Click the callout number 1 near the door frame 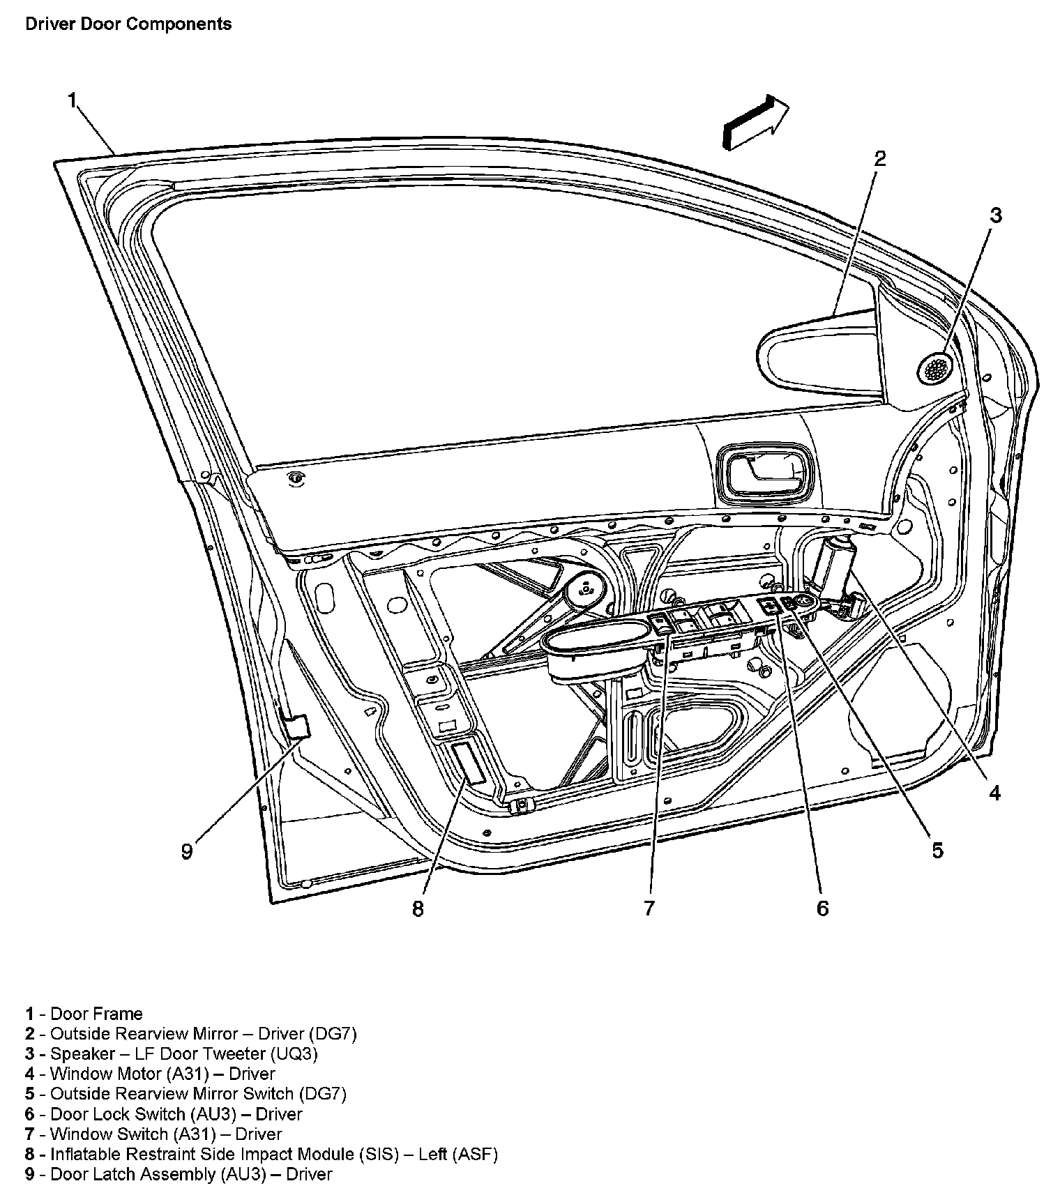coord(72,100)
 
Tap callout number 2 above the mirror coord(880,158)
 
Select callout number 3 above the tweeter coord(996,215)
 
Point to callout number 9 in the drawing coord(187,851)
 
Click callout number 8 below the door coord(418,908)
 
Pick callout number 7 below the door coord(649,908)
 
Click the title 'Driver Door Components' coord(128,24)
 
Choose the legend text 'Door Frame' coord(96,1014)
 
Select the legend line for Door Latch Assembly coord(179,1174)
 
